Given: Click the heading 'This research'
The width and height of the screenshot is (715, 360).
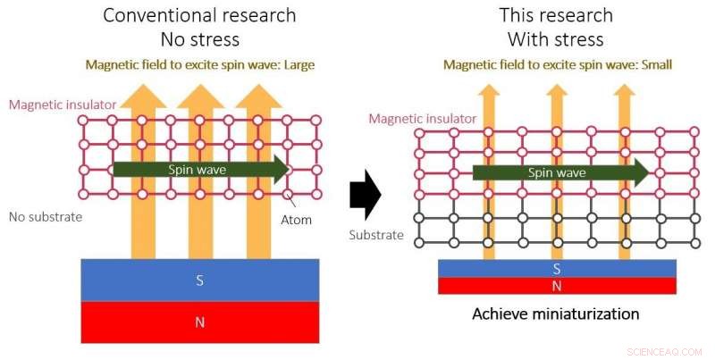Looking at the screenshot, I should (x=556, y=15).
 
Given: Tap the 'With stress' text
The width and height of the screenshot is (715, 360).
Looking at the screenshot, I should (x=556, y=39).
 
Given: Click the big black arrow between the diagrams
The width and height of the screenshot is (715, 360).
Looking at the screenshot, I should (x=365, y=196).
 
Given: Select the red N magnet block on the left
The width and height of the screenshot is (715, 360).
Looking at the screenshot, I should (x=199, y=322).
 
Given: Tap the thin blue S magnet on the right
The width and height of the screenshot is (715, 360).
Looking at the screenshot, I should (x=557, y=268).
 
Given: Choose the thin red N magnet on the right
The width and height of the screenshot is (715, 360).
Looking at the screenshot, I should (x=557, y=286).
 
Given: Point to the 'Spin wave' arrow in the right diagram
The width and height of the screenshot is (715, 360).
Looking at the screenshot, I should (x=559, y=173).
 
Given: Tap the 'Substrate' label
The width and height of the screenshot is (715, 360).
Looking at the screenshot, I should (x=375, y=235).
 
